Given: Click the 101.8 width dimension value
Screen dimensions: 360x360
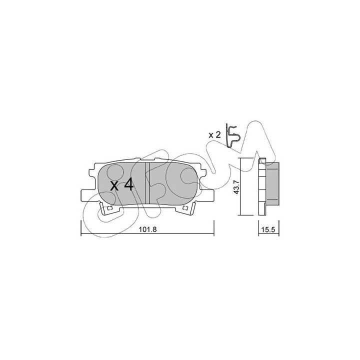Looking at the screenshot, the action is pyautogui.click(x=147, y=229).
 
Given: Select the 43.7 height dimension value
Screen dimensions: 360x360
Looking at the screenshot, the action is pyautogui.click(x=236, y=187).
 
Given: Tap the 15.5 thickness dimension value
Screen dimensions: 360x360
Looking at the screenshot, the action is pyautogui.click(x=268, y=229).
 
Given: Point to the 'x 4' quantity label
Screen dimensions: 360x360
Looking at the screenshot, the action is pyautogui.click(x=121, y=185).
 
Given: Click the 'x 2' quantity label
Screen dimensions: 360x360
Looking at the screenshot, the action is pyautogui.click(x=214, y=135).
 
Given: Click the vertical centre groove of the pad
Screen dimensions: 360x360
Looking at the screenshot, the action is pyautogui.click(x=147, y=183).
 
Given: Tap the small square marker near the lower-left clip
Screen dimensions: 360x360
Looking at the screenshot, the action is pyautogui.click(x=109, y=208).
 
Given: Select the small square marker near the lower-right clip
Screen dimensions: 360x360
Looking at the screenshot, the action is pyautogui.click(x=185, y=208).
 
